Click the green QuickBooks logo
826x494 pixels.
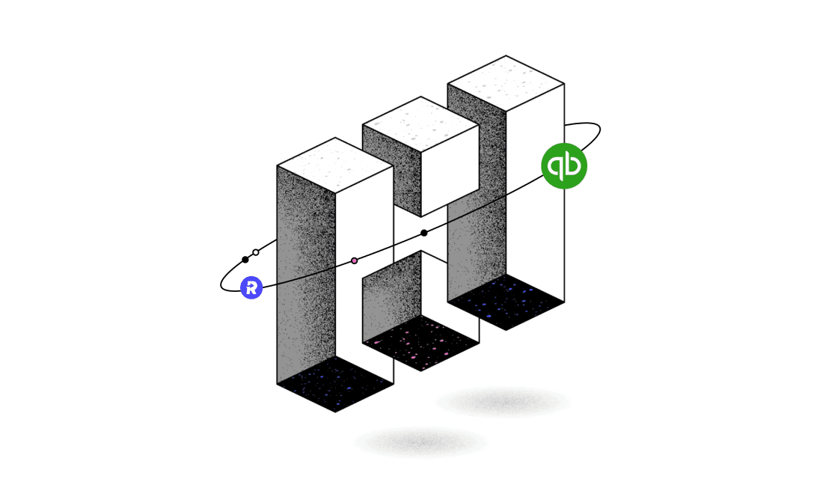[x=564, y=166]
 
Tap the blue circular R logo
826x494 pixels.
[x=252, y=287]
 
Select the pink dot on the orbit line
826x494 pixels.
[x=355, y=260]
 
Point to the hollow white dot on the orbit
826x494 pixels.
[x=256, y=252]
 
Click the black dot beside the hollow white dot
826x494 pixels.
[x=245, y=260]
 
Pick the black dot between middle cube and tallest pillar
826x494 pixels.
[x=424, y=233]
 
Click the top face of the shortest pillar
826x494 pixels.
[x=335, y=165]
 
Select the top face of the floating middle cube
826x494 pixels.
[x=420, y=124]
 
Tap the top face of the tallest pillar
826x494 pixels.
[x=506, y=83]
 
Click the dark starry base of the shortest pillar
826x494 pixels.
[x=335, y=383]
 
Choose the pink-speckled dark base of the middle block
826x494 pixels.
[x=420, y=343]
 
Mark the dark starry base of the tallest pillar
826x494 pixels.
[x=506, y=302]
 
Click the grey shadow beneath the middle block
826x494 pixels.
[x=420, y=442]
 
